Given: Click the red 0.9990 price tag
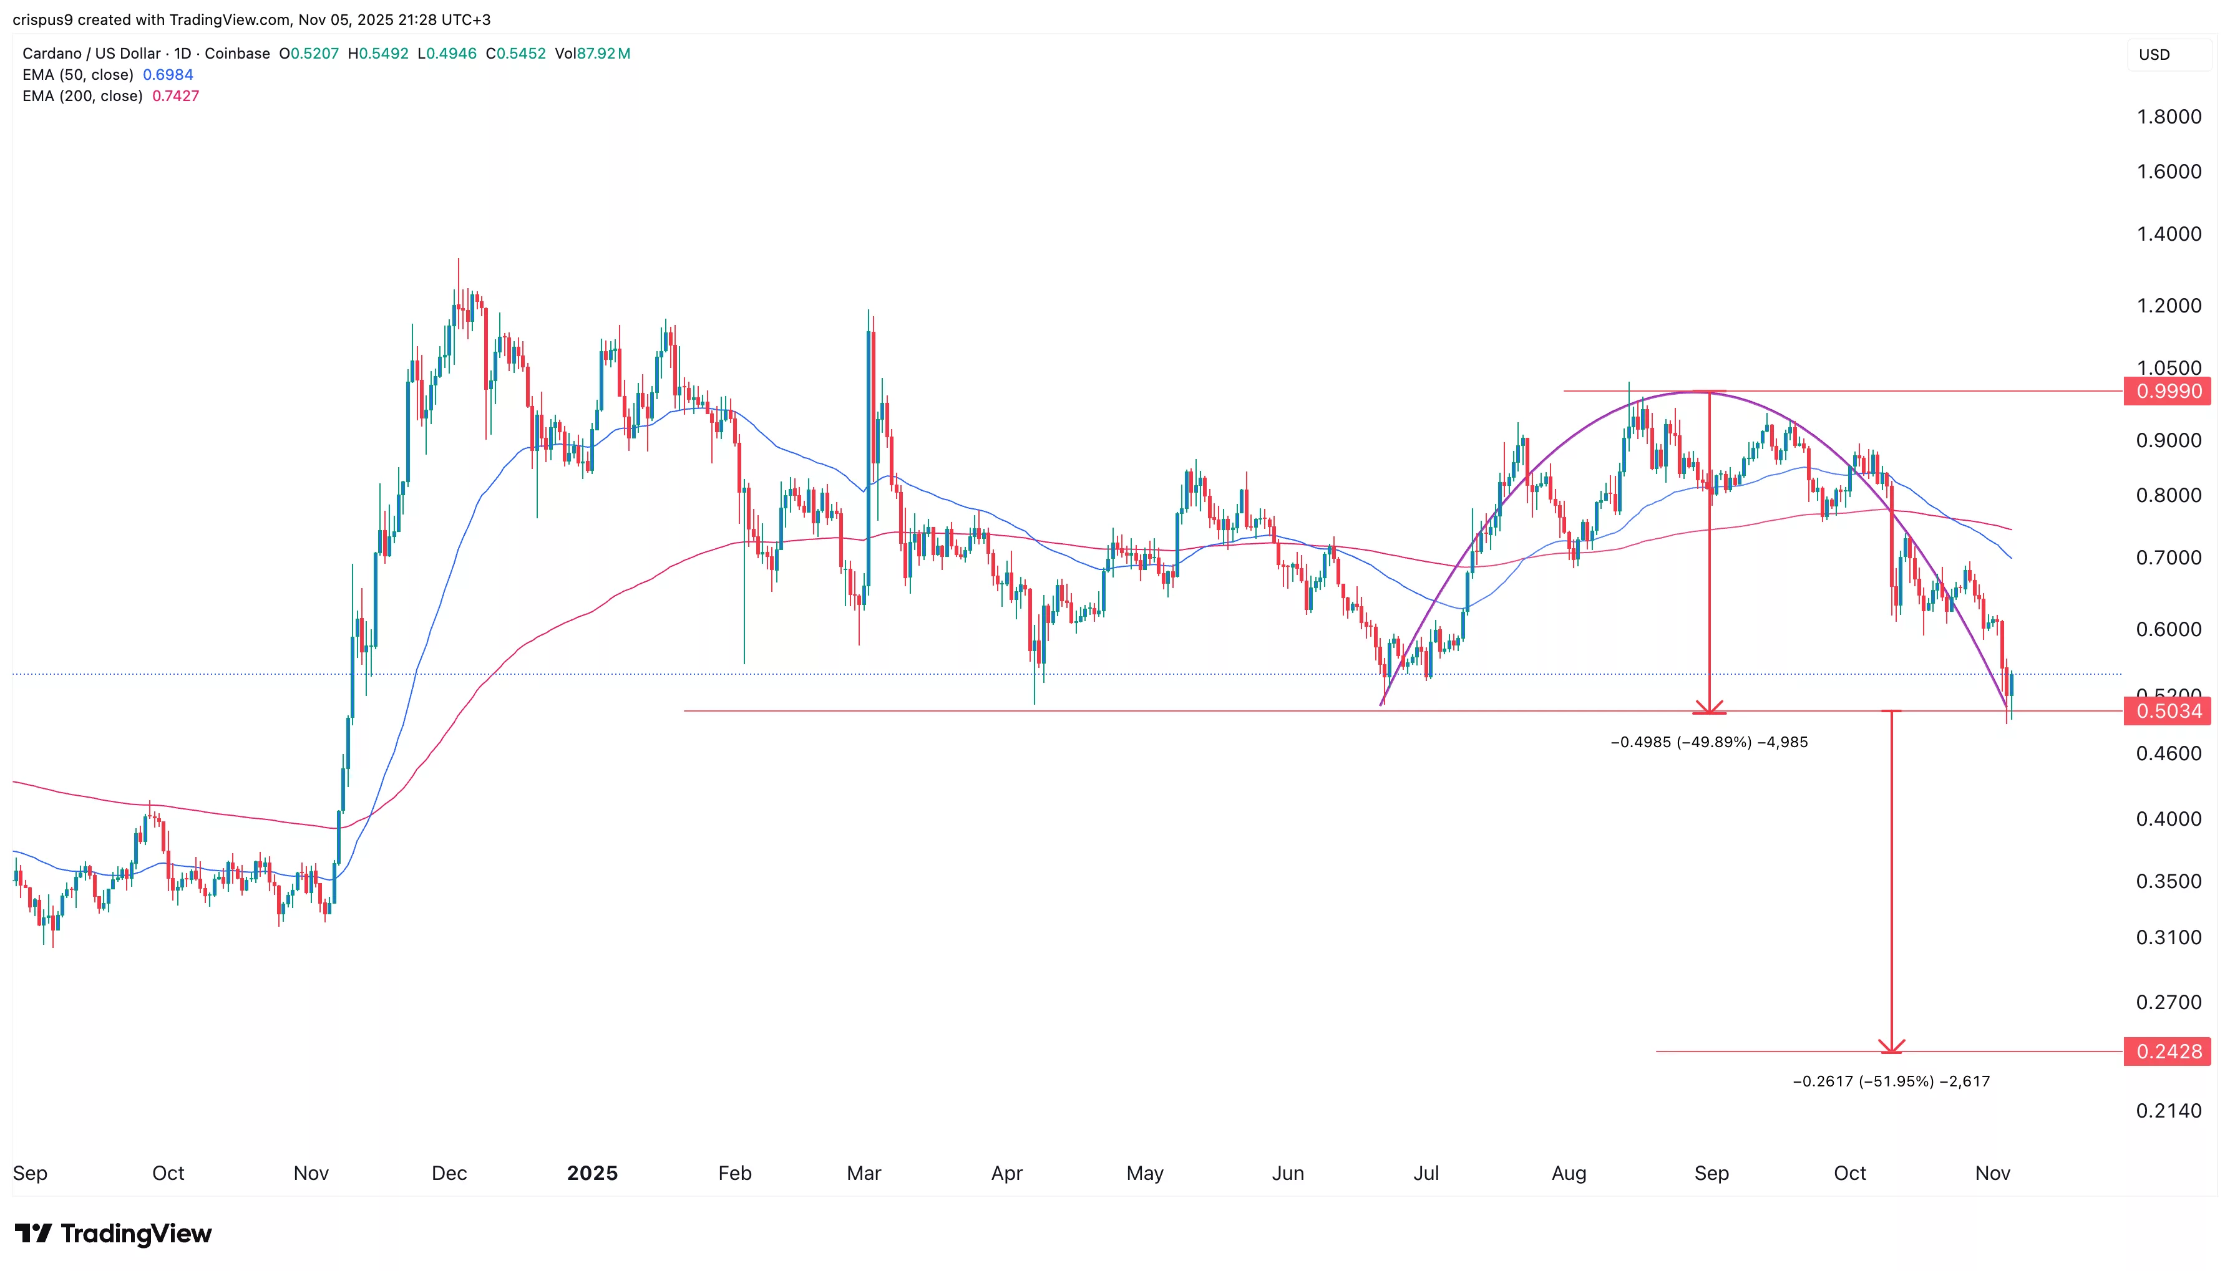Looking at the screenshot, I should [2167, 391].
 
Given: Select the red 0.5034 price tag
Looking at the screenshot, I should [2167, 712].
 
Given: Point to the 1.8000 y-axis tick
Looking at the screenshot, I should [2168, 117].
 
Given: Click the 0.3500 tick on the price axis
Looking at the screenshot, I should [2168, 882].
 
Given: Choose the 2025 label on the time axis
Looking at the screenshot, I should [592, 1173].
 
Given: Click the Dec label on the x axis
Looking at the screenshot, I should [449, 1173].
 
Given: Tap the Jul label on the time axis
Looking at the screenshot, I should [1426, 1173].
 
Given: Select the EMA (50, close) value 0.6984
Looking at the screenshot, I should [168, 75].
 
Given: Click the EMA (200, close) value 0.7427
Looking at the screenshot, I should [175, 96].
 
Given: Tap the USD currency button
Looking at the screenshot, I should [2154, 55].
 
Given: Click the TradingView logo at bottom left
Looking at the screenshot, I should [114, 1234].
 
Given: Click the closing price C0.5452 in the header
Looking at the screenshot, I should [515, 53].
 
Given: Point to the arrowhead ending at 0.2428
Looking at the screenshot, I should [1891, 1046].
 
